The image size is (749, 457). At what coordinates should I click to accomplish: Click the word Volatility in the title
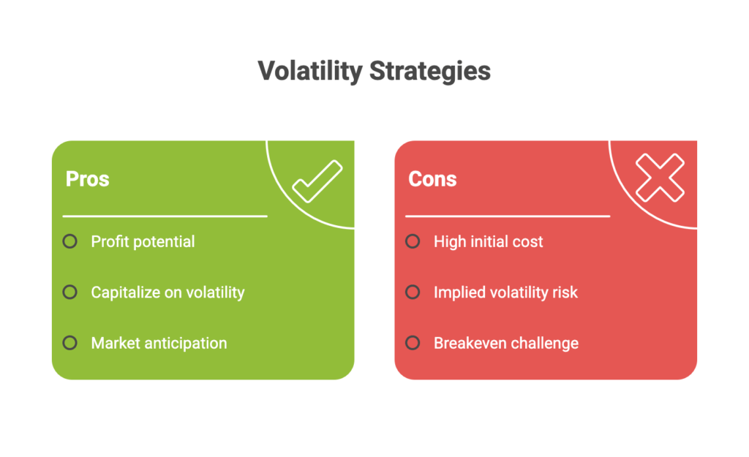click(310, 72)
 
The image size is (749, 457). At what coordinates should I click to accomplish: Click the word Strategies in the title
click(429, 72)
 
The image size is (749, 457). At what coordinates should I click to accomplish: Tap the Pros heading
click(87, 179)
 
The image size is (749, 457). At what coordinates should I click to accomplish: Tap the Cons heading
click(432, 179)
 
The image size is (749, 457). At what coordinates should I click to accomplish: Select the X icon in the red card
click(659, 178)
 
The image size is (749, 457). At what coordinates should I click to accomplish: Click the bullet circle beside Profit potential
click(69, 241)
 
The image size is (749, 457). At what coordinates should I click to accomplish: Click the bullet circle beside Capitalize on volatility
click(69, 292)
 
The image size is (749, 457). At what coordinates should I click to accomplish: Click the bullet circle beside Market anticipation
click(69, 343)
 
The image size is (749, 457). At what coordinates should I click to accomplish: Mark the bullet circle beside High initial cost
click(413, 241)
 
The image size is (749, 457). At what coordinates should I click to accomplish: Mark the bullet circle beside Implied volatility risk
click(413, 292)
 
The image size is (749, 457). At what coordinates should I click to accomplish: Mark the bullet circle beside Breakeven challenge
click(413, 343)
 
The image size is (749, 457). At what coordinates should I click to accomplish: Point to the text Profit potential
click(143, 241)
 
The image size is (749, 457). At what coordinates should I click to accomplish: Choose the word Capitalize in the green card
click(122, 292)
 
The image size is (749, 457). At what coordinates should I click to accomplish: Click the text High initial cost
click(488, 241)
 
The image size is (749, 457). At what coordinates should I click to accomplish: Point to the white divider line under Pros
click(165, 216)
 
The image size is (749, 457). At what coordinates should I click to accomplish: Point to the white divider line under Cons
click(507, 216)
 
